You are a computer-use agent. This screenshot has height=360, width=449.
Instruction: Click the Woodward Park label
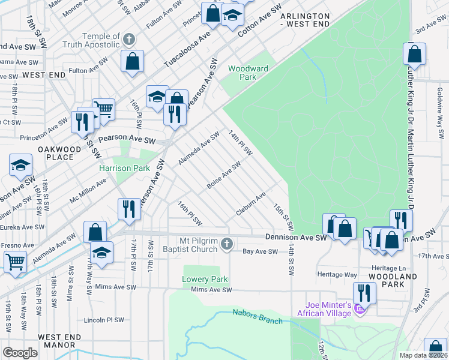[x=248, y=73]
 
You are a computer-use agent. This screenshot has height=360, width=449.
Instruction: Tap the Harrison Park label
[x=124, y=169]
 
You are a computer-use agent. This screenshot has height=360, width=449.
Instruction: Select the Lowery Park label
[x=205, y=280]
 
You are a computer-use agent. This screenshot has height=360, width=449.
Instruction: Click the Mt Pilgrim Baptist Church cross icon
[x=226, y=243]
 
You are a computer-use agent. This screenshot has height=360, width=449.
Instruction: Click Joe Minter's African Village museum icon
[x=360, y=309]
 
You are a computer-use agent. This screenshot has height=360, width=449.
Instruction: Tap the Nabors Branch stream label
[x=258, y=317]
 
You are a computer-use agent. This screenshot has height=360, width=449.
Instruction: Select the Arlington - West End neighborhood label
[x=306, y=20]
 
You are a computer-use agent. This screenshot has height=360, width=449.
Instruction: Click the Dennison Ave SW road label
[x=295, y=238]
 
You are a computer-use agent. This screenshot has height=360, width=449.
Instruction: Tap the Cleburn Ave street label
[x=250, y=205]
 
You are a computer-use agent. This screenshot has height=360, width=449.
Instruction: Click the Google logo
[x=20, y=353]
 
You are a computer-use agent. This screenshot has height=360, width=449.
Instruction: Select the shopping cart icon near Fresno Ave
[x=14, y=261]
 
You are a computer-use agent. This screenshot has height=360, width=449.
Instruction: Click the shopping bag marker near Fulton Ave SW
[x=131, y=61]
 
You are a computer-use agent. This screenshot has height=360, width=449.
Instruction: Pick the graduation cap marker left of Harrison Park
[x=20, y=165]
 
